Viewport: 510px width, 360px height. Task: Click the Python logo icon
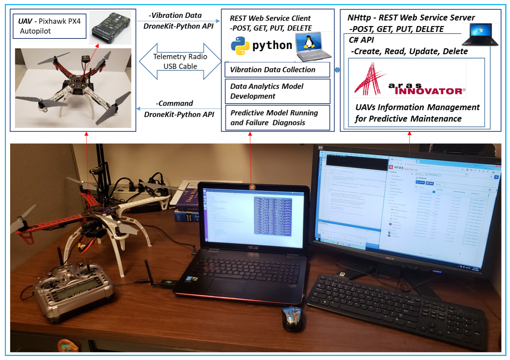240,46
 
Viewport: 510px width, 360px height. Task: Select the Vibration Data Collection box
277,70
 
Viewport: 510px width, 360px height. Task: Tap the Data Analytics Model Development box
277,91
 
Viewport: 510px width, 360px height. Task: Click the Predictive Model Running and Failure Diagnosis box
277,118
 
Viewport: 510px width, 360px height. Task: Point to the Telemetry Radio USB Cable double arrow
180,61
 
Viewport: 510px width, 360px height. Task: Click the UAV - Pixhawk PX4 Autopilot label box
49,26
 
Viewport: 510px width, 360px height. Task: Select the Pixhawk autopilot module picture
110,27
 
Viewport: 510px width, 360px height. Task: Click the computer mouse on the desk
292,319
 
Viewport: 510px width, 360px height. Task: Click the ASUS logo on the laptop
252,247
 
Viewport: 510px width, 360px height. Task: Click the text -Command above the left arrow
175,103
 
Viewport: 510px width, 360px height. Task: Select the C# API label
361,40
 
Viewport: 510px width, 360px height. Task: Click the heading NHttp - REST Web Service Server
411,18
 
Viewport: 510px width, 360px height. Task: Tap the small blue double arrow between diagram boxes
337,70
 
